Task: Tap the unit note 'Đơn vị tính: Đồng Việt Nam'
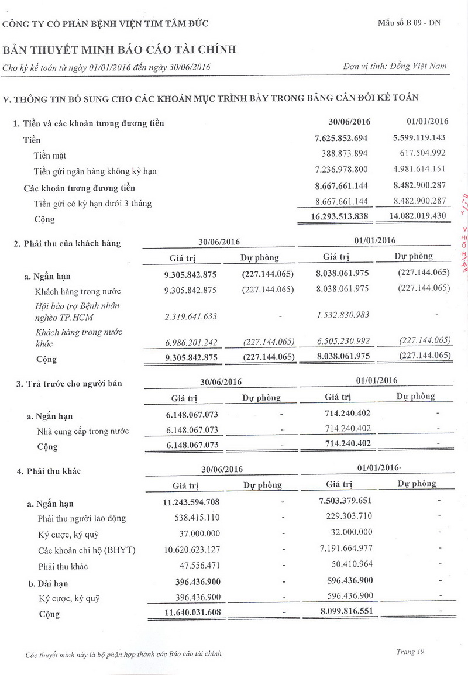click(395, 66)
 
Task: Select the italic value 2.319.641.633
click(191, 316)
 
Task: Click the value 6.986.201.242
click(191, 343)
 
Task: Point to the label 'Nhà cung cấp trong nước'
click(82, 431)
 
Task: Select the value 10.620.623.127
click(191, 549)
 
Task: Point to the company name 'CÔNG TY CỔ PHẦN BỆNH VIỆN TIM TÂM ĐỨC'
click(105, 24)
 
